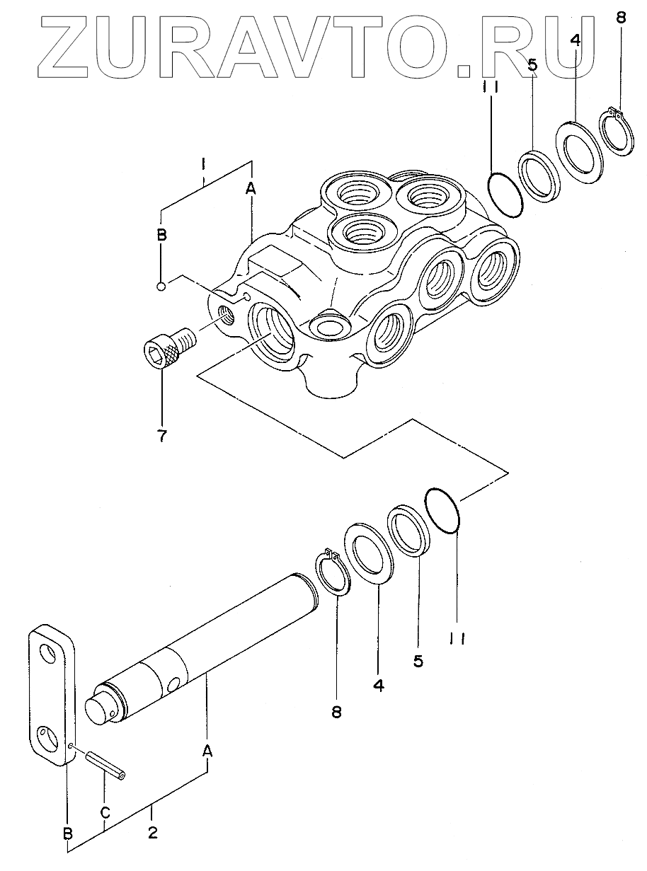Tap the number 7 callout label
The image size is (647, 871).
point(162,436)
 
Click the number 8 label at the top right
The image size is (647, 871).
point(621,18)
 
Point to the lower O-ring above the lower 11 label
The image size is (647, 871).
point(444,507)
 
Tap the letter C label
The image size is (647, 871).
point(104,812)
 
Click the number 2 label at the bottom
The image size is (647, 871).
point(152,833)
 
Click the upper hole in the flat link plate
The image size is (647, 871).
point(47,652)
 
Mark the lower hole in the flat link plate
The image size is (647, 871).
point(47,737)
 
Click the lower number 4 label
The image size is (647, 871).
point(379,686)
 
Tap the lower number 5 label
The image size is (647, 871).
point(418,661)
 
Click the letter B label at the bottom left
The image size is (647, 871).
point(69,835)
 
